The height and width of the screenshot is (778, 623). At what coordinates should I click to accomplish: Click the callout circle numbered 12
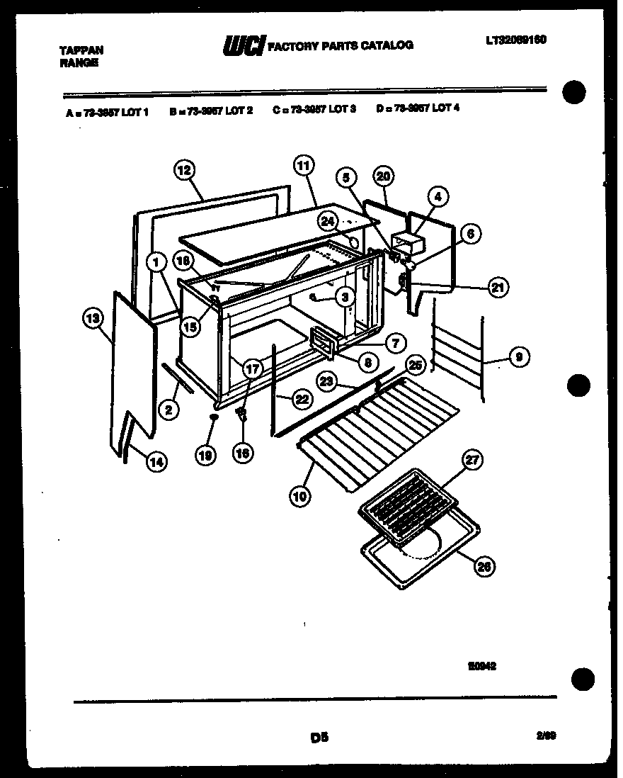click(x=184, y=170)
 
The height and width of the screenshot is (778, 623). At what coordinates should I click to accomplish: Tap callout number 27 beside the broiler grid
click(x=472, y=460)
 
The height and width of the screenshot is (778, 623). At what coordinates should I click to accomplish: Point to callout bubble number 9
click(x=519, y=359)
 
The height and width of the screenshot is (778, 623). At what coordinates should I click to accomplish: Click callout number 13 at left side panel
click(x=92, y=320)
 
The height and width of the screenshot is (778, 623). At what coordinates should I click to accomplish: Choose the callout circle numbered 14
click(x=156, y=461)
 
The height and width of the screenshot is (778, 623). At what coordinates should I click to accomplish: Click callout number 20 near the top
click(x=383, y=176)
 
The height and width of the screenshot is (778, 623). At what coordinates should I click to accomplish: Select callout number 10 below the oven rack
click(x=299, y=496)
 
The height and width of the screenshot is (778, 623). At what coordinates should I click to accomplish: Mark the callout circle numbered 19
click(x=205, y=457)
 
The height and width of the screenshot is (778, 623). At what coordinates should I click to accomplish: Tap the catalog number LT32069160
click(x=516, y=40)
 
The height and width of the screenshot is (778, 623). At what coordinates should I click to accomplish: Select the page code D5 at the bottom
click(x=320, y=737)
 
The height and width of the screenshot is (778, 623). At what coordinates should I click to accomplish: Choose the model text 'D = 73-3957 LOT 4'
click(x=418, y=109)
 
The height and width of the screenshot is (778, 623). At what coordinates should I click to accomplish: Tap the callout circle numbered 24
click(x=327, y=222)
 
